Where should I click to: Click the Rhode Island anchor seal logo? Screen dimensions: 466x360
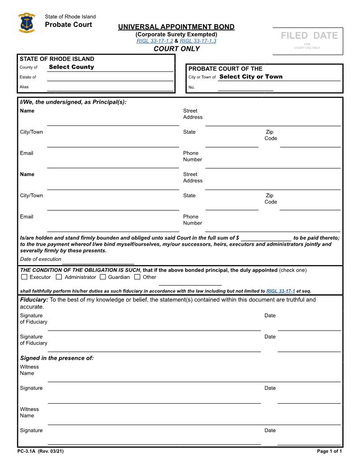click(x=27, y=23)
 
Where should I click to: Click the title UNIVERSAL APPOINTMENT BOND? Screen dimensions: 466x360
click(x=176, y=27)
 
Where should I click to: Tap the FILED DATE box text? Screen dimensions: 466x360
click(x=309, y=36)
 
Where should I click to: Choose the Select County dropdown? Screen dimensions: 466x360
click(x=71, y=67)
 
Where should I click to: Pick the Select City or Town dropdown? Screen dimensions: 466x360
click(x=251, y=77)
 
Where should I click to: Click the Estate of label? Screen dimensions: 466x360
click(x=28, y=77)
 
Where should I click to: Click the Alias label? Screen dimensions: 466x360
click(x=24, y=87)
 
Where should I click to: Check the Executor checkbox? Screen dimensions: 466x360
click(x=24, y=277)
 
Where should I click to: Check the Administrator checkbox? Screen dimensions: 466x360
click(x=59, y=277)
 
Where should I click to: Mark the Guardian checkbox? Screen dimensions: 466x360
click(x=103, y=277)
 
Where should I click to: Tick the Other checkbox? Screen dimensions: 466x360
click(x=137, y=277)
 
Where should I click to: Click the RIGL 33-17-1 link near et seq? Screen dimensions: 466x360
click(x=281, y=291)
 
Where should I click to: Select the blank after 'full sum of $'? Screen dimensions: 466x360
click(x=266, y=238)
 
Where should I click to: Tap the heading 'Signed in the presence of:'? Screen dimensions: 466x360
click(x=57, y=358)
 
